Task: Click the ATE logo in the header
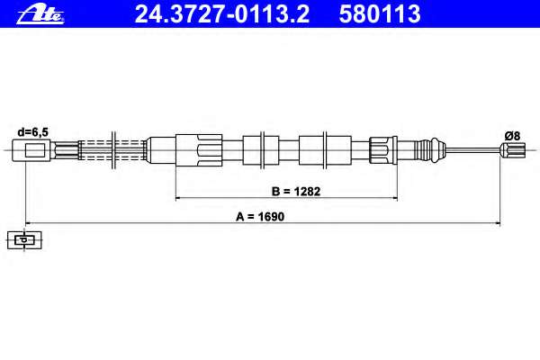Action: tap(40, 15)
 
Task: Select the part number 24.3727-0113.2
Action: tap(222, 14)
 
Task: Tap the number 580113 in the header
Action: tap(380, 14)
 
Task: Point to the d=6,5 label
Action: tap(33, 132)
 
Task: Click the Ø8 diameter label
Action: tap(512, 136)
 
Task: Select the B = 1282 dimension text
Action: tap(296, 191)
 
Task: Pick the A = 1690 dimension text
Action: tap(260, 217)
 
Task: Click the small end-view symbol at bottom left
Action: tap(24, 239)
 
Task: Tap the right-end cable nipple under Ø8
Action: tap(513, 150)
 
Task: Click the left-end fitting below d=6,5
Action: tap(31, 150)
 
